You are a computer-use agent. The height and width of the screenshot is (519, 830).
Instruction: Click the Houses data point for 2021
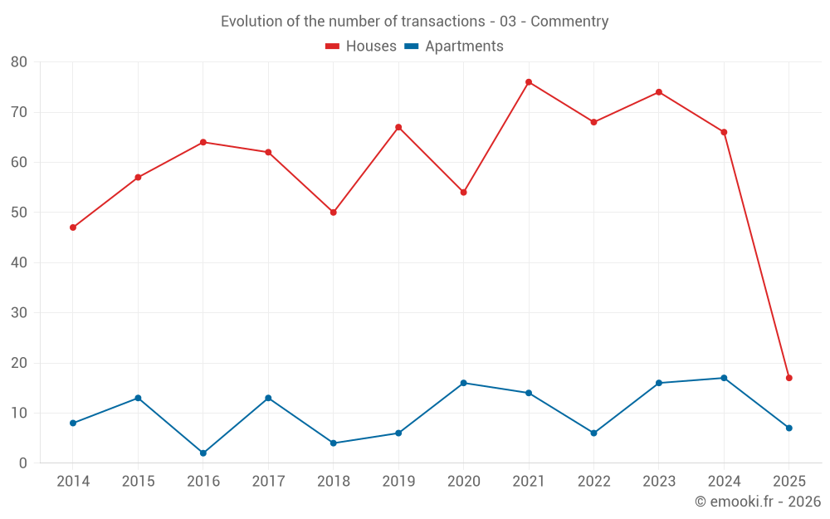click(x=529, y=82)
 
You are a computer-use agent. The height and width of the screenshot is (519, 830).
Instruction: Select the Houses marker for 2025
click(x=789, y=378)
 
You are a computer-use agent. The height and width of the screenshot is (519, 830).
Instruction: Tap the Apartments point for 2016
click(x=203, y=453)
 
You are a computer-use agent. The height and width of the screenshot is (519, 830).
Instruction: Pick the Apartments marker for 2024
click(x=724, y=378)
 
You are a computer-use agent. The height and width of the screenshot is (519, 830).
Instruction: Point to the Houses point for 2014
click(x=73, y=228)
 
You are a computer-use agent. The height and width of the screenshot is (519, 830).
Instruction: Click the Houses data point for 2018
click(x=334, y=213)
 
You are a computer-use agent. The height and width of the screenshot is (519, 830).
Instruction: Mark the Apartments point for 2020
click(x=464, y=383)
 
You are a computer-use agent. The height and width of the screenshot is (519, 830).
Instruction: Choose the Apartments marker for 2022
click(x=593, y=433)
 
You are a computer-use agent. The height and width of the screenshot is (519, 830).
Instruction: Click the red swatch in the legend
click(x=333, y=47)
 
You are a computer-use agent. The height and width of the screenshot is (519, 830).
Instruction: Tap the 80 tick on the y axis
click(x=19, y=62)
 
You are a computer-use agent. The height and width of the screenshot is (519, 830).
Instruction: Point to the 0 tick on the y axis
click(x=23, y=463)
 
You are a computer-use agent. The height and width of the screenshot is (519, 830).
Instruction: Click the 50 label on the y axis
click(x=19, y=213)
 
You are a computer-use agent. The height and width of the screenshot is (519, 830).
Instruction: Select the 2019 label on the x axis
click(x=398, y=482)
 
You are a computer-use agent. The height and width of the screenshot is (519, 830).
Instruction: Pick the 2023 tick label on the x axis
click(x=659, y=482)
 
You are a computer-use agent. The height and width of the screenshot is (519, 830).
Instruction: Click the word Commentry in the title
click(x=569, y=22)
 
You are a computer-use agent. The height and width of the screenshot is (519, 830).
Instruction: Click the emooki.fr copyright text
click(x=758, y=502)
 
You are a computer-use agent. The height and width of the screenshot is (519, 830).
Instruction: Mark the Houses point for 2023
click(x=659, y=92)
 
